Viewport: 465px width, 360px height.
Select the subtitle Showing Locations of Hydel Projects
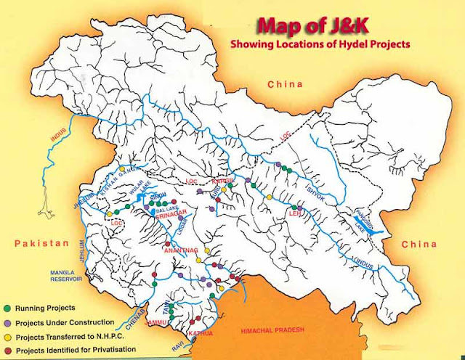(320, 44)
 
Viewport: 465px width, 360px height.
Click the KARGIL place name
(222, 178)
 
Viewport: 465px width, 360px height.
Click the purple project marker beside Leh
(299, 208)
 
